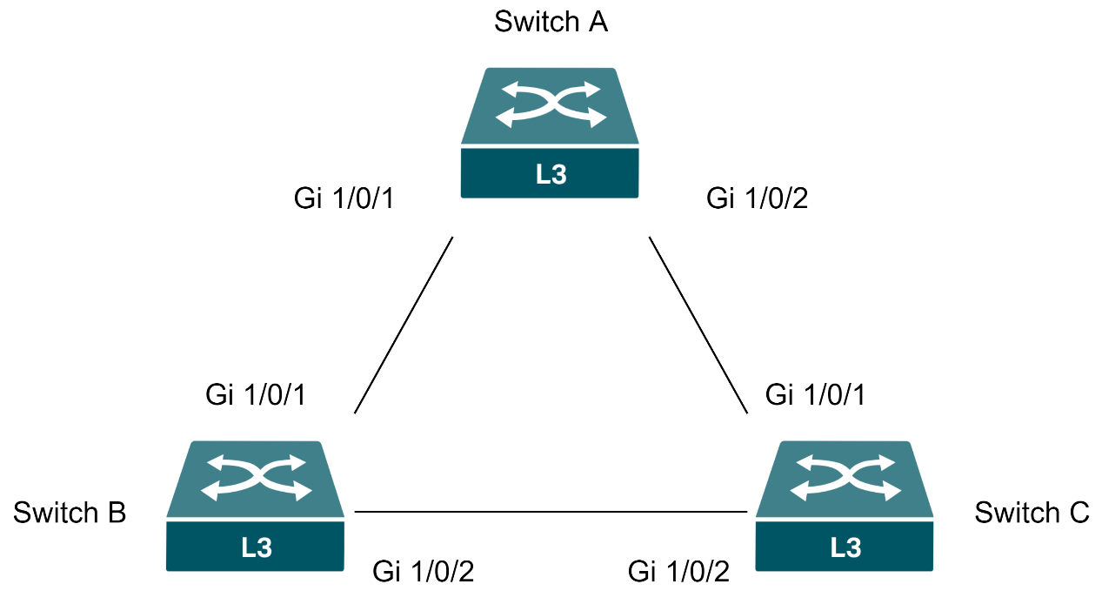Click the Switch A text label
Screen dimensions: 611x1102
[x=550, y=21]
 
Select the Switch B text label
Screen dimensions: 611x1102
[x=70, y=513]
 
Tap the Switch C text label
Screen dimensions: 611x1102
[x=1032, y=513]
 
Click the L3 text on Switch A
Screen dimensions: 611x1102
[x=551, y=174]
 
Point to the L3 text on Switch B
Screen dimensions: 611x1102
[x=256, y=547]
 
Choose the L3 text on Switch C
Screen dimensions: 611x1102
[x=845, y=547]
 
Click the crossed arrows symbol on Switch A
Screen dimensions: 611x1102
[x=550, y=104]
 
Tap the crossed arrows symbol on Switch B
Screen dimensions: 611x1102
[x=256, y=477]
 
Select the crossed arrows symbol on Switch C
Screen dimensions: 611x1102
[x=845, y=477]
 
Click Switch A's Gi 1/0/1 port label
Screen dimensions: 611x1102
[x=344, y=198]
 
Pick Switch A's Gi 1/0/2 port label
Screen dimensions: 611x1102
[x=757, y=198]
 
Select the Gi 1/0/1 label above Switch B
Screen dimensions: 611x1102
[x=256, y=394]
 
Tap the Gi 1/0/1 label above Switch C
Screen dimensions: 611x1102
[x=816, y=394]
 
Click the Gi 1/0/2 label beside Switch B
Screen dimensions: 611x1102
[x=423, y=572]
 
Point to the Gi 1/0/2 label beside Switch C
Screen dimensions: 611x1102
[x=678, y=572]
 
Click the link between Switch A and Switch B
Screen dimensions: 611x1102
[x=404, y=325]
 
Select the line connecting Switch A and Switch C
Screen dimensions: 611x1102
[x=698, y=325]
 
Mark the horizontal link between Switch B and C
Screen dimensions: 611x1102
[x=551, y=512]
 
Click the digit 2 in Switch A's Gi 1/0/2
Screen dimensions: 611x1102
[x=800, y=198]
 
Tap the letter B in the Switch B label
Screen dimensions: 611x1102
[x=116, y=513]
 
